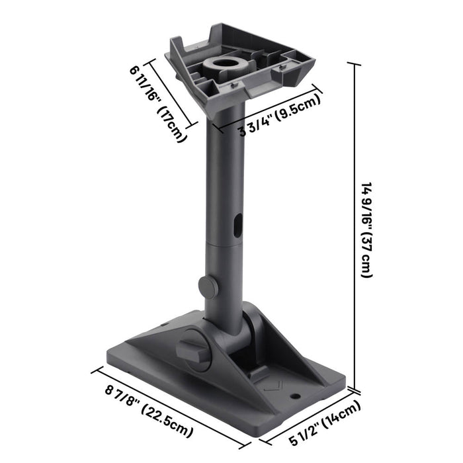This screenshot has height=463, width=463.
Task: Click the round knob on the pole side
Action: click(208, 287)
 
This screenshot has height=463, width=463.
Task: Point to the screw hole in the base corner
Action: click(294, 397)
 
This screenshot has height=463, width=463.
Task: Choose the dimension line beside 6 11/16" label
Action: click(172, 94)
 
